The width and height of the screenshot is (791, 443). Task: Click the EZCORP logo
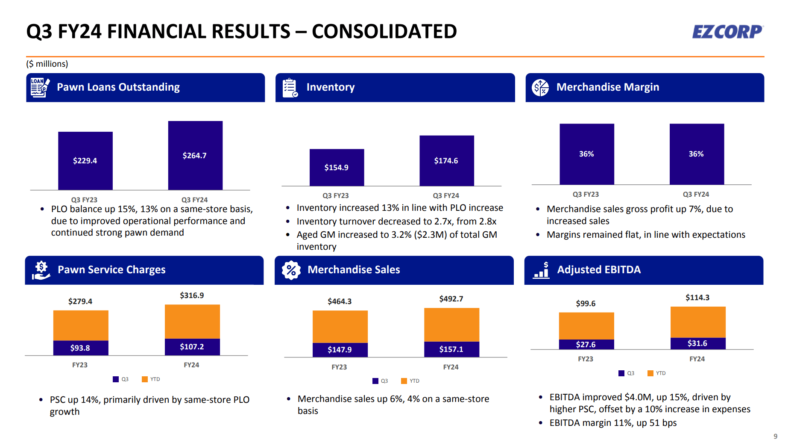pyautogui.click(x=727, y=32)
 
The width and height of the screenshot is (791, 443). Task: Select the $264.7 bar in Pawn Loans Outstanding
pyautogui.click(x=195, y=155)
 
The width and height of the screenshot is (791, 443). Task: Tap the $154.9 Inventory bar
pyautogui.click(x=337, y=167)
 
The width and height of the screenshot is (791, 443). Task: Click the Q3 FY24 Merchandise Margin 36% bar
pyautogui.click(x=696, y=154)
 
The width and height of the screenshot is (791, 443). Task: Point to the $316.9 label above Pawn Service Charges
pyautogui.click(x=192, y=295)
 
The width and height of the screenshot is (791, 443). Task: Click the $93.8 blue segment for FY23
pyautogui.click(x=80, y=348)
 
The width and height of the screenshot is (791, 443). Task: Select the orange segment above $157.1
pyautogui.click(x=451, y=325)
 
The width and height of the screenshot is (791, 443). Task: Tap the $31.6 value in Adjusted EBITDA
pyautogui.click(x=697, y=343)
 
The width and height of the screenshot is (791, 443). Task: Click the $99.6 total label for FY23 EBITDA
pyautogui.click(x=586, y=304)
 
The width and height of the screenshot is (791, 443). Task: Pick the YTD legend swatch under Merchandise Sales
pyautogui.click(x=404, y=381)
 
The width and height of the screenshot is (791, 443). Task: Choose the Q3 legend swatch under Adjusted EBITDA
pyautogui.click(x=621, y=373)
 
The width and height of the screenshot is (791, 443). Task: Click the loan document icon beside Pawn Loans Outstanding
pyautogui.click(x=40, y=87)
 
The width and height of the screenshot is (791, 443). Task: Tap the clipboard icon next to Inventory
pyautogui.click(x=290, y=88)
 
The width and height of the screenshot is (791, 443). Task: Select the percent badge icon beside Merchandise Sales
pyautogui.click(x=291, y=270)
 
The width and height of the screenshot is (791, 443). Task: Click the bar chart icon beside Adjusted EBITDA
pyautogui.click(x=541, y=270)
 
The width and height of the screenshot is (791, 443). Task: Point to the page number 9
pyautogui.click(x=775, y=436)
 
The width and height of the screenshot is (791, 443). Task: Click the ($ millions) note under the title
pyautogui.click(x=47, y=64)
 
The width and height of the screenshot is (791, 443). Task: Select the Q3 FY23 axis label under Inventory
pyautogui.click(x=335, y=195)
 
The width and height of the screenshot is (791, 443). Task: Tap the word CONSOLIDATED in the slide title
pyautogui.click(x=384, y=32)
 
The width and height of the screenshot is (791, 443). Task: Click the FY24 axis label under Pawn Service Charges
pyautogui.click(x=191, y=365)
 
